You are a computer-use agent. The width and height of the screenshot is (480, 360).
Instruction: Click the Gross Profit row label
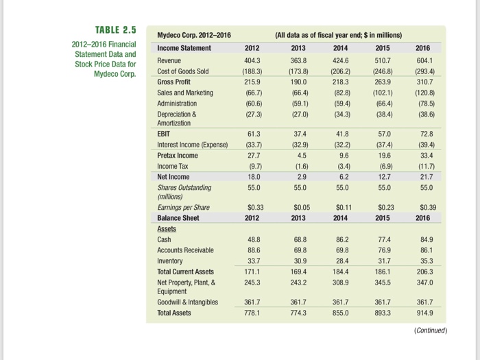click(x=174, y=81)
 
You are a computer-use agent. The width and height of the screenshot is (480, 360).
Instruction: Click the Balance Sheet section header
click(x=180, y=217)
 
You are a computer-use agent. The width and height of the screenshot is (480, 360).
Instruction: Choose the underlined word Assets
click(x=167, y=228)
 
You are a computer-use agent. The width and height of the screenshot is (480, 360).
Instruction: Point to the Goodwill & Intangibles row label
click(x=187, y=302)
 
